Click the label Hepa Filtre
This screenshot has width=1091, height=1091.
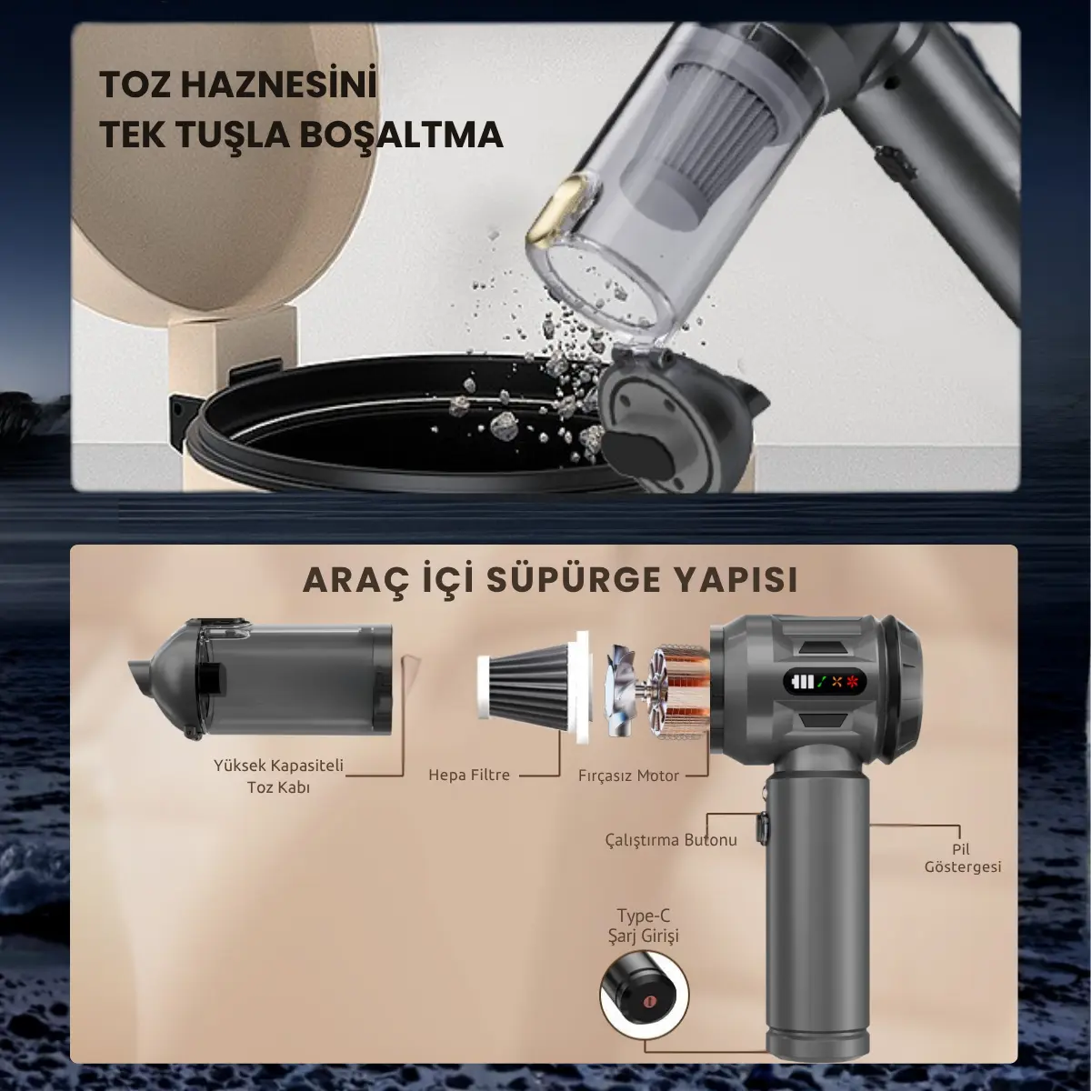(469, 776)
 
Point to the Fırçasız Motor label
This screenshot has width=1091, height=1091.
(628, 776)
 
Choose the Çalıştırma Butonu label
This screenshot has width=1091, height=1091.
(671, 839)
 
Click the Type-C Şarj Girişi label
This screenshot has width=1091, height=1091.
(647, 925)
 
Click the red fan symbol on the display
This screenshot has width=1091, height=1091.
(854, 682)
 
